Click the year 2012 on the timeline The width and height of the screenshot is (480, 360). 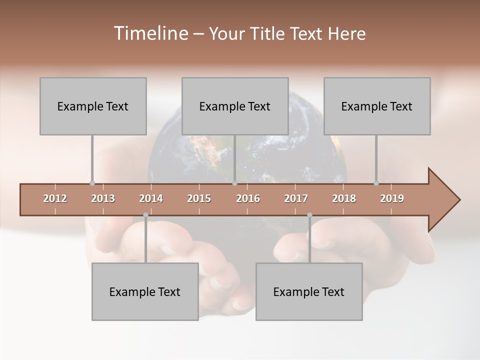pos(55,198)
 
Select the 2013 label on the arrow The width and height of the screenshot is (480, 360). pos(103,198)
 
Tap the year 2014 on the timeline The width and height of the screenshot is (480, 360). pos(151,198)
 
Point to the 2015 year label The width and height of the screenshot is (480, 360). pos(199,198)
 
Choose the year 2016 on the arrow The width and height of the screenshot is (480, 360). pos(248,198)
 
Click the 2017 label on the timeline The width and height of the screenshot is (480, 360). pos(296,198)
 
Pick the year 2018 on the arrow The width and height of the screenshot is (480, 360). pos(344,198)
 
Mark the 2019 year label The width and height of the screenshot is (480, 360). pos(392,198)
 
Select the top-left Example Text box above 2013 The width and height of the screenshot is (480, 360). pos(93,106)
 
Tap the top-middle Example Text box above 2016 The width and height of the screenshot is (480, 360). pos(235,106)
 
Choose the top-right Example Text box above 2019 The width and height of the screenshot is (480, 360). pos(377,106)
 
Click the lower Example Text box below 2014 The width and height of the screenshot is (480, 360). pos(145,291)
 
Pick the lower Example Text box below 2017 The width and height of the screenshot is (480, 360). pos(309,291)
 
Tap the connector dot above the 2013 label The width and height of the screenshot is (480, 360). pos(92,183)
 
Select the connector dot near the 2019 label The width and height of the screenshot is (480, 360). pos(376,183)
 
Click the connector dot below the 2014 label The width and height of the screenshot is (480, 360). pos(145,215)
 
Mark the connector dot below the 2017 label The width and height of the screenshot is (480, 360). pos(309,215)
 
